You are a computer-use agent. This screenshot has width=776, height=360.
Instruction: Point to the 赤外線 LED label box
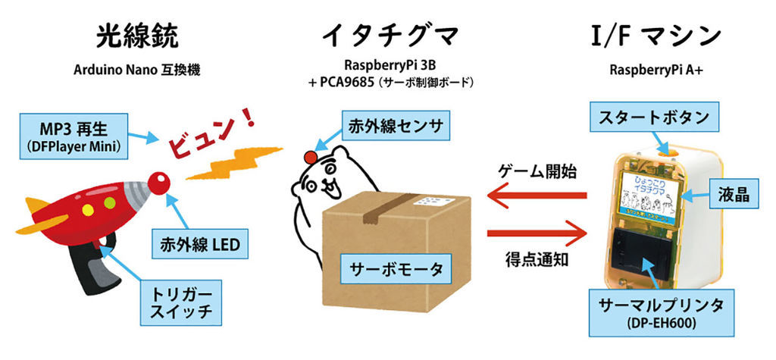click(x=201, y=244)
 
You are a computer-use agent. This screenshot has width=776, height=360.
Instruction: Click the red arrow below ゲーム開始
click(x=537, y=196)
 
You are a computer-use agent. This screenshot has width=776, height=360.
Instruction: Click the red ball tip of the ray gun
click(x=158, y=183)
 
